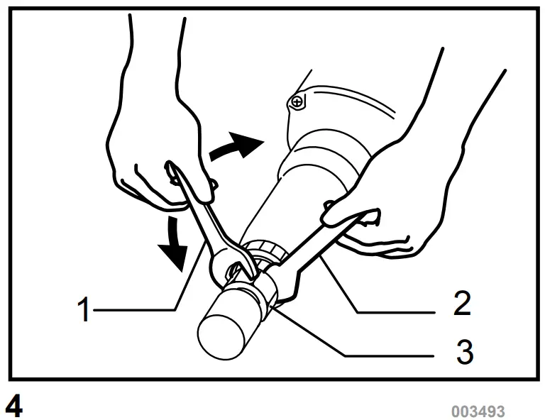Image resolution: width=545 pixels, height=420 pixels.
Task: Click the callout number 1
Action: [x=84, y=310]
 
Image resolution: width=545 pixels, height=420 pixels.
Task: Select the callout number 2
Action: [x=461, y=304]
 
